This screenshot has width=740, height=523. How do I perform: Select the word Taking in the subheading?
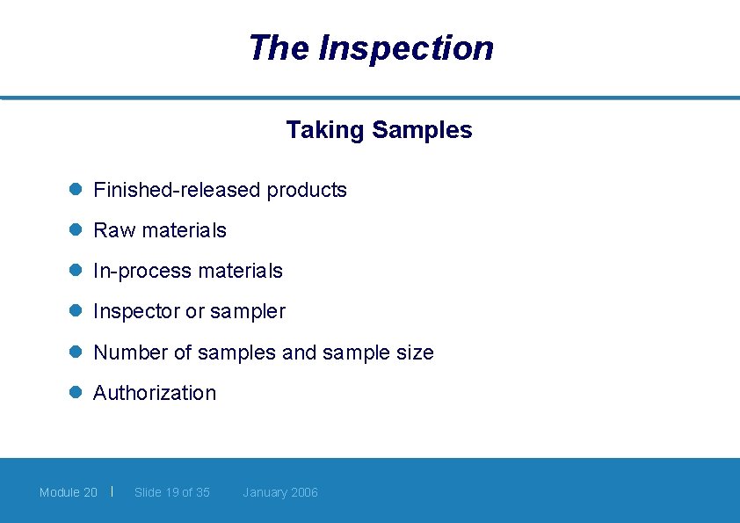pos(324,130)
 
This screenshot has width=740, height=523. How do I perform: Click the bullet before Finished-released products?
pos(76,190)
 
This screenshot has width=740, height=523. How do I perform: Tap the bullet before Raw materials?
pos(76,230)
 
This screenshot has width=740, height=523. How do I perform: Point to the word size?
pos(416,352)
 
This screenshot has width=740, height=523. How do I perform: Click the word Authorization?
pos(155,393)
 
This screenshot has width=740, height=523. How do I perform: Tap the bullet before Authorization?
pos(76,393)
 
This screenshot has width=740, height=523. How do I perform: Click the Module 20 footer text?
pos(69,492)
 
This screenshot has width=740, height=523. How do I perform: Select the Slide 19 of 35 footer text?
pos(172,492)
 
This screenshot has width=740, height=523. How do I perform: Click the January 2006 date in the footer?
pos(280,492)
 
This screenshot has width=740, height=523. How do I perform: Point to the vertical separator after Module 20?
pos(113,490)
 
